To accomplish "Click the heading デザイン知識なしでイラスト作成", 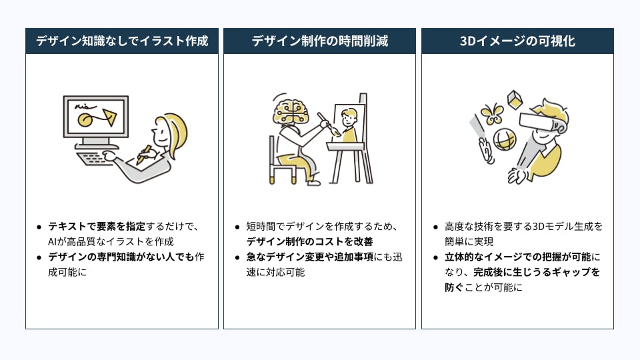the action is (122, 41).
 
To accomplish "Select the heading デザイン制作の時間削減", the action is (319, 41).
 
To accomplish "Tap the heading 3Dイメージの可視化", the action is (517, 41).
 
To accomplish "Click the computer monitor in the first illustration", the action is (96, 121).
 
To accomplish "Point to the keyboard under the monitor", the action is (92, 158).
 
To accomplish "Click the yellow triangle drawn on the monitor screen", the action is (109, 117).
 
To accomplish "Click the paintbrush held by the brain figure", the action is (328, 124).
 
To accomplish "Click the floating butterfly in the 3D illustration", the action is (492, 113).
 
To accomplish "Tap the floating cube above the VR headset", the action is (515, 99).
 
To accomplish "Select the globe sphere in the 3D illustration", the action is (505, 139).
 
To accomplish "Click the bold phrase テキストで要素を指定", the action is (97, 226).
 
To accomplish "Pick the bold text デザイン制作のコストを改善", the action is (309, 241).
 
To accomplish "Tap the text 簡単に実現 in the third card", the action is (469, 241).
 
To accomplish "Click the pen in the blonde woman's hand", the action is (144, 154).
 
